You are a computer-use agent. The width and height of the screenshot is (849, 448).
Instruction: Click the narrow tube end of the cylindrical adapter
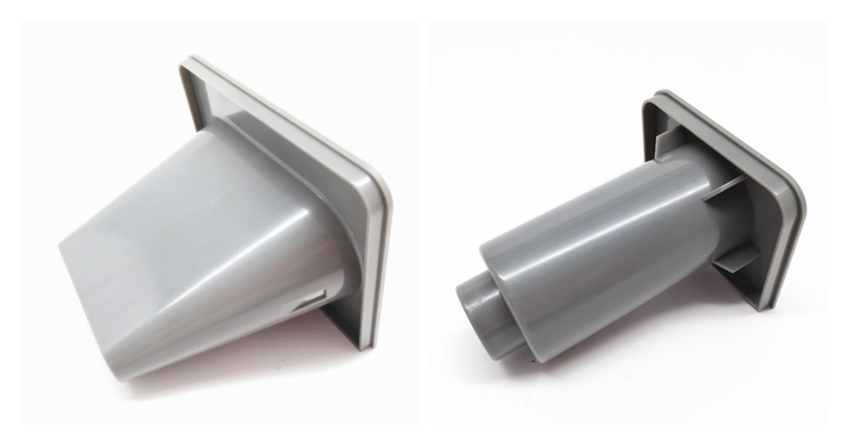click(473, 306)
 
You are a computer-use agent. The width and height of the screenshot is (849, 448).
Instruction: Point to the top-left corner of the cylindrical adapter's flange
click(650, 97)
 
